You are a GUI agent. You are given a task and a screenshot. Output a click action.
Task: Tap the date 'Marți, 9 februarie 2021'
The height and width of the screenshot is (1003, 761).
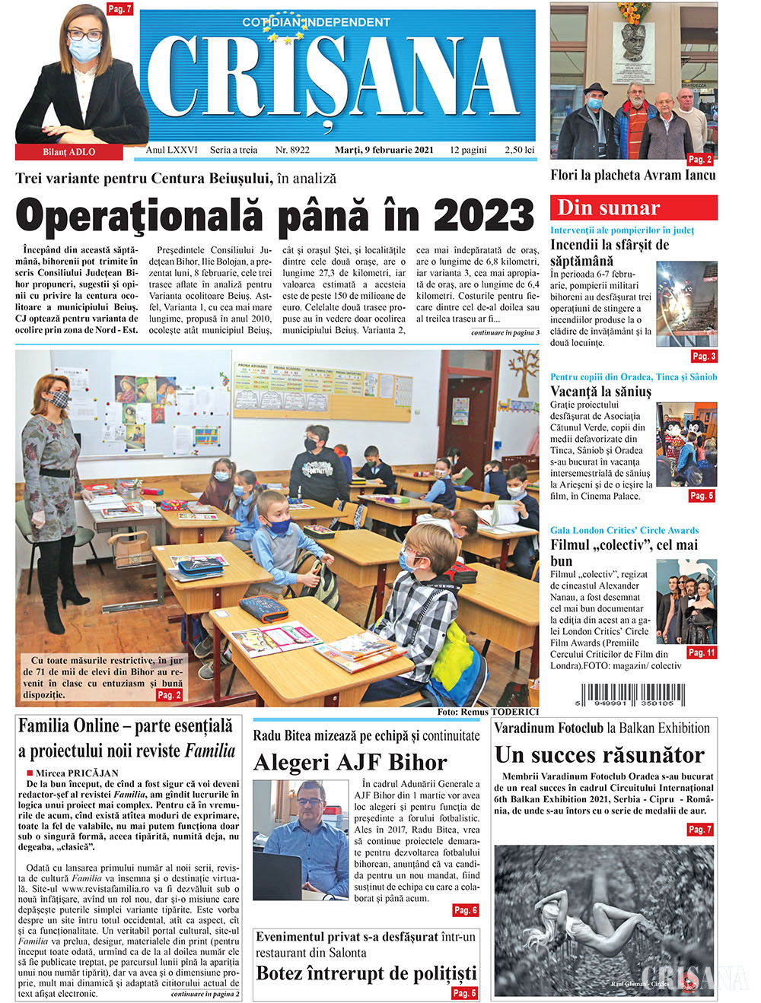tap(384, 150)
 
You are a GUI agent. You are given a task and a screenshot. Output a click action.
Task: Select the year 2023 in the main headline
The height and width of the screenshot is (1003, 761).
tap(483, 215)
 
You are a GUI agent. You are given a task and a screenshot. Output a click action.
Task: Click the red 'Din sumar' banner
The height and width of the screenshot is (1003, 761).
tap(633, 208)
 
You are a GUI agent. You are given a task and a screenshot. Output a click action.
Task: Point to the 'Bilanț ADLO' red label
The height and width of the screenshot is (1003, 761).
tap(68, 152)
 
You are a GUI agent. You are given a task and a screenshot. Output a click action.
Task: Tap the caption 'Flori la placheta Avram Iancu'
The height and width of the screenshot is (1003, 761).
tap(632, 175)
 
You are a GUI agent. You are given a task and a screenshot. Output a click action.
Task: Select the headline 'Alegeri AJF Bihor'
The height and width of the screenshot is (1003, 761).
tap(350, 762)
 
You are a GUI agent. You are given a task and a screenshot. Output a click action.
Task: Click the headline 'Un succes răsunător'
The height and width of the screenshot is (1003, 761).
tap(600, 754)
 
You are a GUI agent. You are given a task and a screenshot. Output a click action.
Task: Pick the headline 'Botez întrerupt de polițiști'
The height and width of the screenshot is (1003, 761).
tap(366, 973)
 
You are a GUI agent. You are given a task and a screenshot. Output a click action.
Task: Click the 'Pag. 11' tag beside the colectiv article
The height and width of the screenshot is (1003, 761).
tap(701, 652)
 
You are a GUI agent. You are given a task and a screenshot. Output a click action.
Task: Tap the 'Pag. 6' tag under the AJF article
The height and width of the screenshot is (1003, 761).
tap(465, 910)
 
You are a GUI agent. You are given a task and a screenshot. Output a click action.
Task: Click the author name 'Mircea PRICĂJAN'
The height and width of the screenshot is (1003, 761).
tap(77, 773)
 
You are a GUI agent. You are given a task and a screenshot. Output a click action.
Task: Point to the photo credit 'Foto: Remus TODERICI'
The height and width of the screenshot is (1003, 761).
tap(487, 712)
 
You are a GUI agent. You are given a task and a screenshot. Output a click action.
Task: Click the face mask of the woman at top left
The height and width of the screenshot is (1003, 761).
tap(85, 50)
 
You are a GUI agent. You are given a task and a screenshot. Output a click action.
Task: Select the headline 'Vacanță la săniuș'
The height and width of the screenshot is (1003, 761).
tap(600, 392)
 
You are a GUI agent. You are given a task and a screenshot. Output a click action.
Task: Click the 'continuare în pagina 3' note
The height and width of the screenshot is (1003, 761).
tap(505, 333)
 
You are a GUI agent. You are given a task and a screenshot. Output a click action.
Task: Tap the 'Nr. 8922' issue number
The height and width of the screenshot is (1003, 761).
tap(292, 150)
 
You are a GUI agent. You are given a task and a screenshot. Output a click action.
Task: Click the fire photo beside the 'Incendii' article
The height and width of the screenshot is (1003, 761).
tap(686, 304)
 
